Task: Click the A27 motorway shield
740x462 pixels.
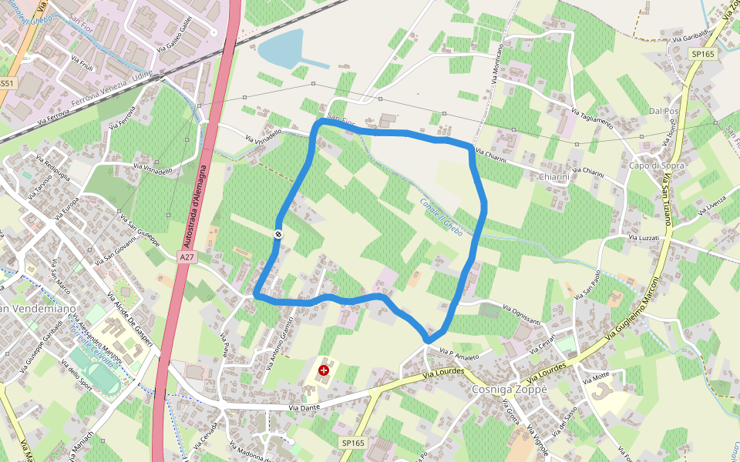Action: (x=186, y=256)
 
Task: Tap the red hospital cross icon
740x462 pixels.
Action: (x=324, y=370)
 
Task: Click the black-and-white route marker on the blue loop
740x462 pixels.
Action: (x=277, y=234)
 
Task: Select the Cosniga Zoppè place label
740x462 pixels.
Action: (x=509, y=390)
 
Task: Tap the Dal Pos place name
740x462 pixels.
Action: (x=664, y=111)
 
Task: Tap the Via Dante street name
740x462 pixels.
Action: (x=304, y=407)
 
